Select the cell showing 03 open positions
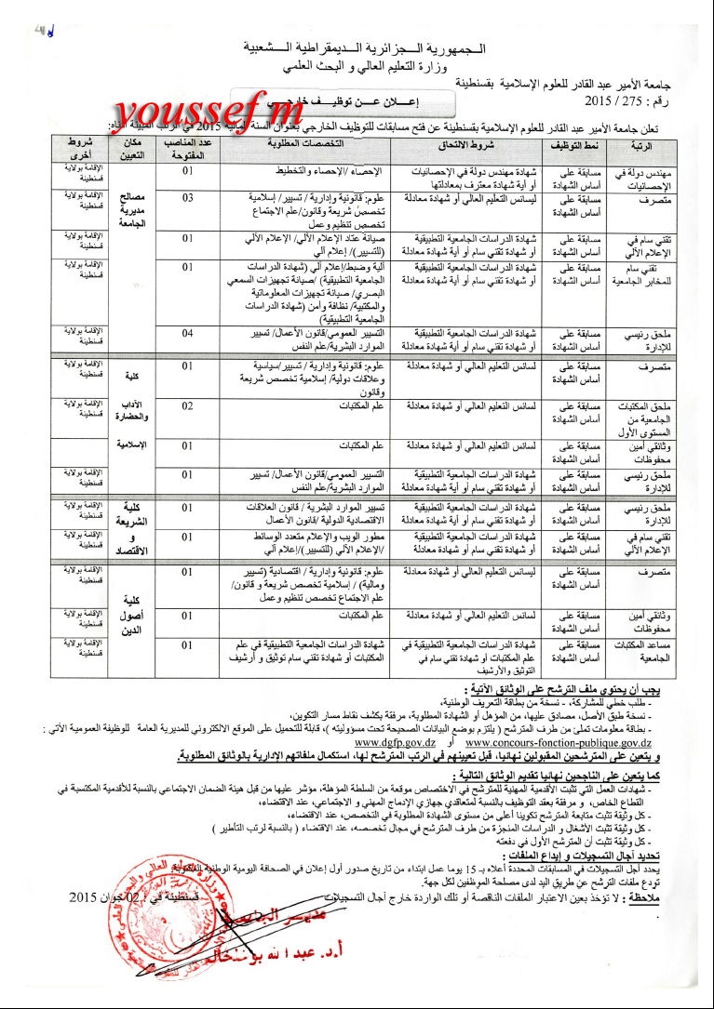pyautogui.click(x=188, y=198)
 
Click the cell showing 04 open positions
pyautogui.click(x=188, y=332)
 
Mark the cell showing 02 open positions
pyautogui.click(x=188, y=405)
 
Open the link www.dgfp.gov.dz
pyautogui.click(x=395, y=743)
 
